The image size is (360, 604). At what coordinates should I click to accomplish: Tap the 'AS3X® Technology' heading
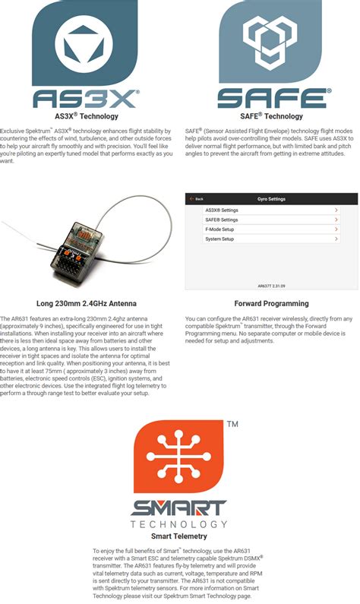pyautogui.click(x=90, y=116)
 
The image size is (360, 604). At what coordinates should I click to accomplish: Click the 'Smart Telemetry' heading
pyautogui.click(x=180, y=536)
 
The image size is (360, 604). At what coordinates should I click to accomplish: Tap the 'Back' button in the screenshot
pyautogui.click(x=197, y=198)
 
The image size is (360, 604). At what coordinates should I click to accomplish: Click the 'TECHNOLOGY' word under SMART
pyautogui.click(x=178, y=524)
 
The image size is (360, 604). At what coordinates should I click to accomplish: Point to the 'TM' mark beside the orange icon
pyautogui.click(x=232, y=425)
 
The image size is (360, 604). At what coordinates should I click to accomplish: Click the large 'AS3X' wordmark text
pyautogui.click(x=86, y=99)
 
